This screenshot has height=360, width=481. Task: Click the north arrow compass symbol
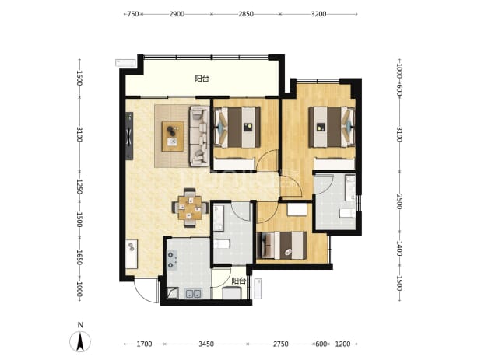(80, 342)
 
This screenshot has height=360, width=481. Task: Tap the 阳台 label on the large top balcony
(202, 79)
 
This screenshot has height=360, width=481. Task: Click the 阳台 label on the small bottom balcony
(238, 281)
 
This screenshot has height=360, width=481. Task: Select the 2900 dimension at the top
(177, 14)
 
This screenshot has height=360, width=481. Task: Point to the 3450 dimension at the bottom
(206, 344)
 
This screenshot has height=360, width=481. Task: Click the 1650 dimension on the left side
(79, 257)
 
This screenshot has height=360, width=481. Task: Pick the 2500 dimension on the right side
(399, 201)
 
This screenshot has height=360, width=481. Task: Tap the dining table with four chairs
(190, 208)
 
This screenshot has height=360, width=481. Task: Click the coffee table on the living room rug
(173, 136)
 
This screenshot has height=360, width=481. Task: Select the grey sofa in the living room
(199, 136)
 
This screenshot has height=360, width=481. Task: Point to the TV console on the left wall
(129, 136)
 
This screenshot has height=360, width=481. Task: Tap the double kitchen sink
(194, 294)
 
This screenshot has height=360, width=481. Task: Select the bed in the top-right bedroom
(332, 127)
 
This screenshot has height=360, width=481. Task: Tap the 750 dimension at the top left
(133, 14)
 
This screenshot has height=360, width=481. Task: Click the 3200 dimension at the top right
(318, 14)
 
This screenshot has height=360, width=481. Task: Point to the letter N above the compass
(80, 325)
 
